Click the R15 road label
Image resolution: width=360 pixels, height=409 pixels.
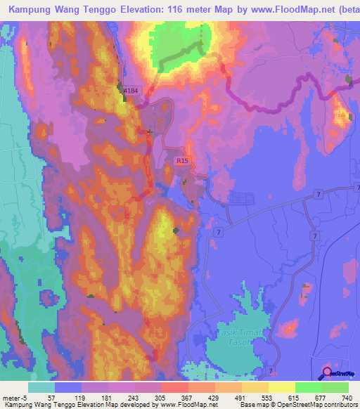(183, 161)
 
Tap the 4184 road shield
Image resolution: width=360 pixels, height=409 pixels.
(130, 91)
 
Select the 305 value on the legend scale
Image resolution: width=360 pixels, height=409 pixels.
(161, 398)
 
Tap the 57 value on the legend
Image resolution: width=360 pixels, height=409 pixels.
(51, 398)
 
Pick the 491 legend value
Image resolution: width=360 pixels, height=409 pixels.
(242, 398)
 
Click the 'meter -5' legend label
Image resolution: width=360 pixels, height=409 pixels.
(14, 398)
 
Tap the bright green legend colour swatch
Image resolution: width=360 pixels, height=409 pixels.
(308, 388)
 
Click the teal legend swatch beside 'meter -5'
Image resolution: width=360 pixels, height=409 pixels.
(41, 388)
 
